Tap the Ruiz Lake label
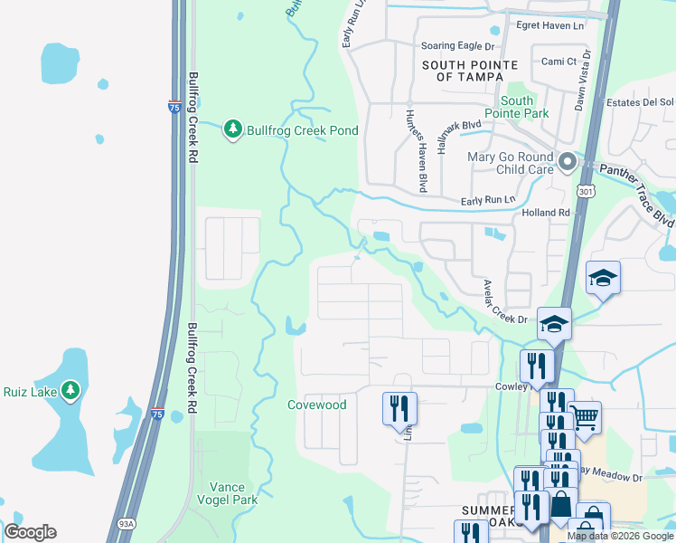32,392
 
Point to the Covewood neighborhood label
316,405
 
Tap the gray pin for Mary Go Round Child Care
568,162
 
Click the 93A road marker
126,522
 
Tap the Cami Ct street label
559,61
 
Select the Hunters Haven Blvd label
416,150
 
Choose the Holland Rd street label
546,213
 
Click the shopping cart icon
585,418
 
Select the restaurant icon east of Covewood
398,408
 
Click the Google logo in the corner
30,532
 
